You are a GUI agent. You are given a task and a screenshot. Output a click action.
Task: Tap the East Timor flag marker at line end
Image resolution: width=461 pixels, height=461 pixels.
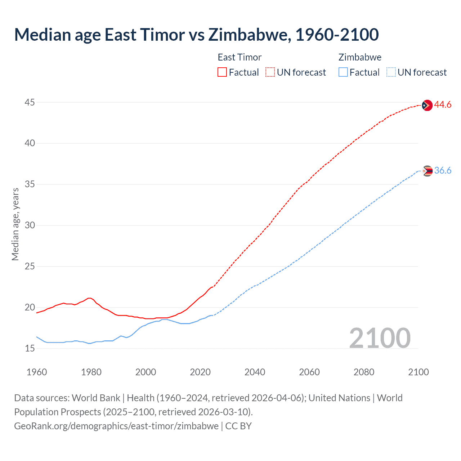pyautogui.click(x=427, y=105)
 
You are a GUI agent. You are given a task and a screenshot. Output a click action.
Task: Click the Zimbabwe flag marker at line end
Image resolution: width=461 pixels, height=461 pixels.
pyautogui.click(x=427, y=171)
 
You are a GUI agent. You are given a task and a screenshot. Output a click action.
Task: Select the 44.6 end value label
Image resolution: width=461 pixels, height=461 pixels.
pyautogui.click(x=443, y=105)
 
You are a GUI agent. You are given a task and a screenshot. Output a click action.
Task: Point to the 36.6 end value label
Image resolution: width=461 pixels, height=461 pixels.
pyautogui.click(x=443, y=170)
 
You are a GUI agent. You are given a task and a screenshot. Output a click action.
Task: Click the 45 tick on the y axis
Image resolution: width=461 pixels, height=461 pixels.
pyautogui.click(x=30, y=103)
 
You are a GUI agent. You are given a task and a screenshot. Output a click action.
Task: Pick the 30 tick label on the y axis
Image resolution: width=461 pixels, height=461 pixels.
pyautogui.click(x=30, y=225)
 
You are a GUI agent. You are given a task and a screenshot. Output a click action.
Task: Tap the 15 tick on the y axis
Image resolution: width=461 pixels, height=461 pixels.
pyautogui.click(x=30, y=349)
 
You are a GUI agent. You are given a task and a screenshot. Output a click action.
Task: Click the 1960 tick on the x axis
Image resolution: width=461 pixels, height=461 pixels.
pyautogui.click(x=37, y=372)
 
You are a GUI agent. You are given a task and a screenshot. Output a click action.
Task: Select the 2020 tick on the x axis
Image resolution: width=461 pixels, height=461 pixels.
pyautogui.click(x=200, y=372)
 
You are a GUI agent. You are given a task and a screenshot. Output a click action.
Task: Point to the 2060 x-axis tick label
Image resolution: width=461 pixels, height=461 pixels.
pyautogui.click(x=309, y=372)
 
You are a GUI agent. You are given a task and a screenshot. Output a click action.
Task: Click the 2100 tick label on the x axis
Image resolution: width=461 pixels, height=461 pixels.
pyautogui.click(x=418, y=372)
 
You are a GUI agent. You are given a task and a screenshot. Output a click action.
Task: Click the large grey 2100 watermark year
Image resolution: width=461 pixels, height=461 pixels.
pyautogui.click(x=380, y=338)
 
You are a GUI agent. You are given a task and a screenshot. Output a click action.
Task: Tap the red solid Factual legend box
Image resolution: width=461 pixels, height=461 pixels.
pyautogui.click(x=222, y=72)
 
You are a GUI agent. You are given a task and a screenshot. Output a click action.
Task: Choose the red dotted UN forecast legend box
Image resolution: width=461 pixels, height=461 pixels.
pyautogui.click(x=270, y=72)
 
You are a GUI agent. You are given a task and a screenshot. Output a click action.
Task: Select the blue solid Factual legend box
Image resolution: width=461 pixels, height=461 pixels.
pyautogui.click(x=343, y=72)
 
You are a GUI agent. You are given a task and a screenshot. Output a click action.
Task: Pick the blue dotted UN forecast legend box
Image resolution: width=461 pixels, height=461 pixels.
pyautogui.click(x=391, y=72)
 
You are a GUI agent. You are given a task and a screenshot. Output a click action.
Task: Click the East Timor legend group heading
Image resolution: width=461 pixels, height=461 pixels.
pyautogui.click(x=240, y=57)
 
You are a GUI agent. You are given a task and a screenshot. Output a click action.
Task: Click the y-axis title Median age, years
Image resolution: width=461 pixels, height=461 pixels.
pyautogui.click(x=15, y=224)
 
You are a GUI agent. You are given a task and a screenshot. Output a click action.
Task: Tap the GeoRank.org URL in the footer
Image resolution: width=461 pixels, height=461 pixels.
pyautogui.click(x=116, y=426)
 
